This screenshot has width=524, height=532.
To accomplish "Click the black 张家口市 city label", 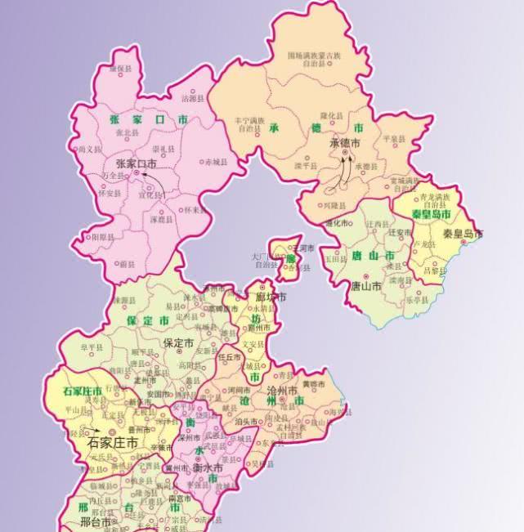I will pyautogui.click(x=136, y=163).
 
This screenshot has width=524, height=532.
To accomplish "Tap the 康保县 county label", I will pyautogui.click(x=123, y=69).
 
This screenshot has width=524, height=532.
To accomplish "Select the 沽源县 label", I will pyautogui.click(x=190, y=99).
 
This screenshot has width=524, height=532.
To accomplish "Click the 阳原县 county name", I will pyautogui.click(x=103, y=236).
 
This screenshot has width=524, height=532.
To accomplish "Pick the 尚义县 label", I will pyautogui.click(x=90, y=150).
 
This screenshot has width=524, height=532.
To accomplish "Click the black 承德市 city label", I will pyautogui.click(x=345, y=142).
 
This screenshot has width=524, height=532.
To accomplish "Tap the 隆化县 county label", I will pyautogui.click(x=331, y=116).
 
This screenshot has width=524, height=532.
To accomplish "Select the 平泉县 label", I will pyautogui.click(x=394, y=140).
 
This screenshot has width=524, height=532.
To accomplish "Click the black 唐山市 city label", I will pyautogui.click(x=365, y=287).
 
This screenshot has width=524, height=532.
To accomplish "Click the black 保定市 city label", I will pyautogui.click(x=178, y=342).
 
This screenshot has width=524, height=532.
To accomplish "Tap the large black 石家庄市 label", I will pyautogui.click(x=113, y=443).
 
